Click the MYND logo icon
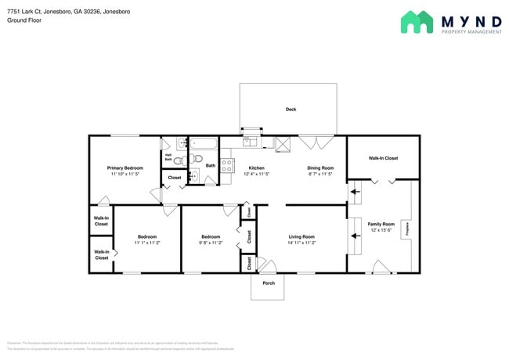(x=417, y=22)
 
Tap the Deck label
(x=291, y=110)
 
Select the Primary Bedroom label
(x=125, y=167)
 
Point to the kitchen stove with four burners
(x=226, y=166)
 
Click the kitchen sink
(x=251, y=142)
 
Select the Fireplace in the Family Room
(x=406, y=229)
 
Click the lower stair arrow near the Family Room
(x=355, y=233)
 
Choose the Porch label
(x=268, y=283)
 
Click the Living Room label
(x=301, y=236)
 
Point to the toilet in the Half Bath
(x=178, y=160)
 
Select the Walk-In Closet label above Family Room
(x=383, y=158)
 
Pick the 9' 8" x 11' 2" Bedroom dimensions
(x=210, y=243)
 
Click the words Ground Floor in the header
(x=24, y=20)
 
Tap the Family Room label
(x=381, y=224)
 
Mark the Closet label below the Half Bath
(x=175, y=178)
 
